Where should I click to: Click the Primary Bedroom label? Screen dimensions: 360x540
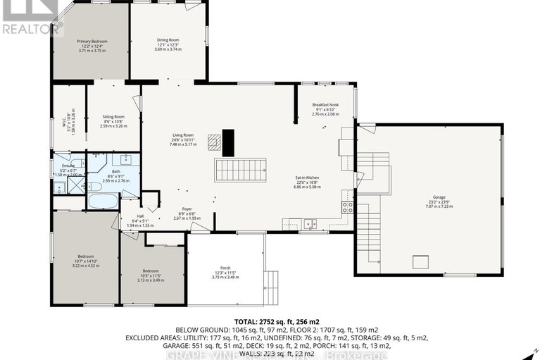[90, 42]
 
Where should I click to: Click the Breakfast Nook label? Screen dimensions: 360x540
[325, 105]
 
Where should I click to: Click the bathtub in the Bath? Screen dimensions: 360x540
[103, 200]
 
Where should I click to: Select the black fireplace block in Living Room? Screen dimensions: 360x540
[227, 142]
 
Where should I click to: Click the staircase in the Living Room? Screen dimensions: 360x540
[241, 169]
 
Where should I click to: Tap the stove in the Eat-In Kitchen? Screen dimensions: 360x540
[347, 207]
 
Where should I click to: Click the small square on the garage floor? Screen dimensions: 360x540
[422, 261]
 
